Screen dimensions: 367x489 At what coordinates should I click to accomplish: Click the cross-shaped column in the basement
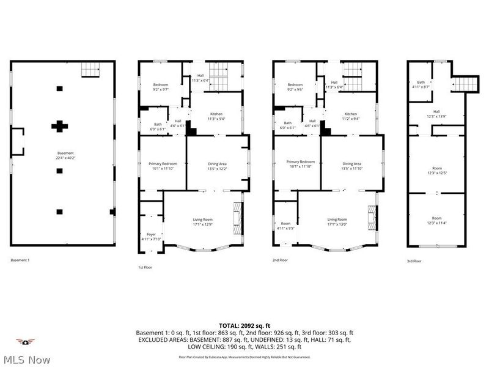pyautogui.click(x=59, y=127)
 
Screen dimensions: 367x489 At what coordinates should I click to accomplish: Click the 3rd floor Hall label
pyautogui.click(x=436, y=114)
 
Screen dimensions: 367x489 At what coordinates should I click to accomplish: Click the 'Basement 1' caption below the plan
pyautogui.click(x=20, y=260)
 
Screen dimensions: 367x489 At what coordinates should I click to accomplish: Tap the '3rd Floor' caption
pyautogui.click(x=414, y=261)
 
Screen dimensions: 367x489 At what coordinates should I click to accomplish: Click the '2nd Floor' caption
pyautogui.click(x=281, y=260)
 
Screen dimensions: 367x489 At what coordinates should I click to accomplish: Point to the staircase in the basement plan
pyautogui.click(x=91, y=70)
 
